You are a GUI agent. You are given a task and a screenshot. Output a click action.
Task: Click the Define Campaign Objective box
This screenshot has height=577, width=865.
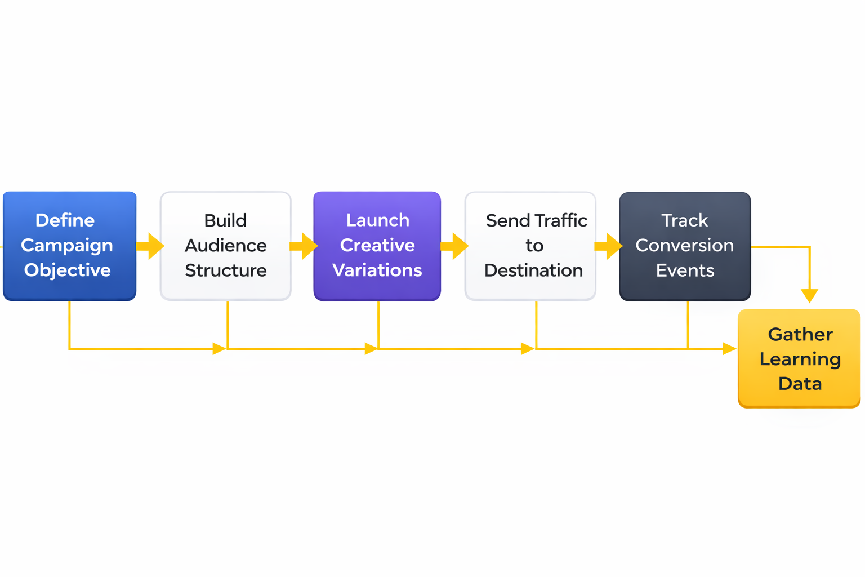coord(69,246)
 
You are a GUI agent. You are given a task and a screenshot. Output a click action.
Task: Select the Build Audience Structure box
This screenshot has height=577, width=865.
coord(225,246)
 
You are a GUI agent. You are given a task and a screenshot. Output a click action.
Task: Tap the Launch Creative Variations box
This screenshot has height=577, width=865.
coord(377,246)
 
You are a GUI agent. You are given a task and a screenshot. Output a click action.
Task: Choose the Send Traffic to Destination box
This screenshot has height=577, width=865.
coord(530,246)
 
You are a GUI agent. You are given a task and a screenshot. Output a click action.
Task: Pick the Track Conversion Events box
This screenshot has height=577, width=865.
coord(685,246)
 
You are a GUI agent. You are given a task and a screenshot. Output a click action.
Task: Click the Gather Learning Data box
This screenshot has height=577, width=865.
coord(799,358)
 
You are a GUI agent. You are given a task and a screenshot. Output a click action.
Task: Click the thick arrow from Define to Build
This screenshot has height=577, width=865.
coord(150,246)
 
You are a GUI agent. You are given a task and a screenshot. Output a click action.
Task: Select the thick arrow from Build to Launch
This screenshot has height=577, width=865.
coord(304,246)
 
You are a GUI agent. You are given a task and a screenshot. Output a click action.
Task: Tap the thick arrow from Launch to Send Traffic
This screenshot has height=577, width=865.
coord(455,246)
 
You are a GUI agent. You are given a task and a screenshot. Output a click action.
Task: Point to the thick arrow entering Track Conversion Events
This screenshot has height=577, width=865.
coord(609,246)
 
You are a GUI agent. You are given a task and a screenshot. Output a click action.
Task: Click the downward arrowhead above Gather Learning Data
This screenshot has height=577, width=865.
coord(809,296)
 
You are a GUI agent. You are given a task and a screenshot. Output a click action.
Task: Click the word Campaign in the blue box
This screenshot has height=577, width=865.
coord(67,246)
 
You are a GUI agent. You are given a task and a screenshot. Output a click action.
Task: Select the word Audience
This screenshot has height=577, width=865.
coord(225,246)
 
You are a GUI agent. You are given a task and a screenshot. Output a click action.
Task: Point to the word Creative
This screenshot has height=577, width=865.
coord(377,246)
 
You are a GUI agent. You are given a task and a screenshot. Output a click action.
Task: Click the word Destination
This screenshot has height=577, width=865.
coord(533,270)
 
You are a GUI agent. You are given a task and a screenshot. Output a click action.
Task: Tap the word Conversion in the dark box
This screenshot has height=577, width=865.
coord(684,246)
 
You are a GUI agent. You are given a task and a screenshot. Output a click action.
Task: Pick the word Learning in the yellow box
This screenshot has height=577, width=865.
coord(800,359)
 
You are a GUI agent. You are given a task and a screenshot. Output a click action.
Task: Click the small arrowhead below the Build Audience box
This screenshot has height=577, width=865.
coord(219,349)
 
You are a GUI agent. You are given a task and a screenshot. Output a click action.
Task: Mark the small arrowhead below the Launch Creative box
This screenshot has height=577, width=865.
coord(371,349)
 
